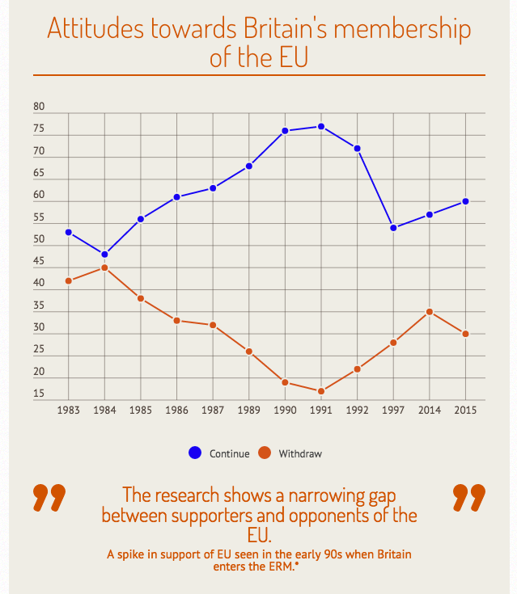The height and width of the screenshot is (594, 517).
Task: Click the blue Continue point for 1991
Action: (x=321, y=126)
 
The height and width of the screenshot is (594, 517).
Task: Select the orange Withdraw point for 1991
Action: (x=321, y=391)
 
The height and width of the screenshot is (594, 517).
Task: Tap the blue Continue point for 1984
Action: (x=104, y=255)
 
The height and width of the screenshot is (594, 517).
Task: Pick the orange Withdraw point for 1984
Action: (x=104, y=268)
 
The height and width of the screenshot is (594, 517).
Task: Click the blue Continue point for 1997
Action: (x=393, y=228)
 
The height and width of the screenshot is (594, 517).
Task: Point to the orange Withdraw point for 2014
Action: (x=430, y=312)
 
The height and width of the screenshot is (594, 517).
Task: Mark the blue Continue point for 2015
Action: (x=465, y=201)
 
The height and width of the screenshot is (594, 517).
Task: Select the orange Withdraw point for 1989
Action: (x=249, y=352)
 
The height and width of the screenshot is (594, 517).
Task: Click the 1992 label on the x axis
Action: (x=357, y=411)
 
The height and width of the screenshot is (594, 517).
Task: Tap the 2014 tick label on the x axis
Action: (x=430, y=411)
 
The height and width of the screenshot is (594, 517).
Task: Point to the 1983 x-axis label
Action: (x=69, y=411)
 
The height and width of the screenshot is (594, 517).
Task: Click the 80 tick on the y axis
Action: (x=39, y=107)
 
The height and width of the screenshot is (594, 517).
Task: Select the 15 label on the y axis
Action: (x=39, y=394)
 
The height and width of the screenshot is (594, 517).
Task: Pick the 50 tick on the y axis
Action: (x=39, y=240)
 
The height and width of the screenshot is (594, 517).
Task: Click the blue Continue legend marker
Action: (x=195, y=453)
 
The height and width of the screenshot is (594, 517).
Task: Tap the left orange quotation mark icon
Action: (x=49, y=498)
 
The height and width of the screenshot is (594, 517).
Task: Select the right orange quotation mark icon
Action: (x=468, y=498)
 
